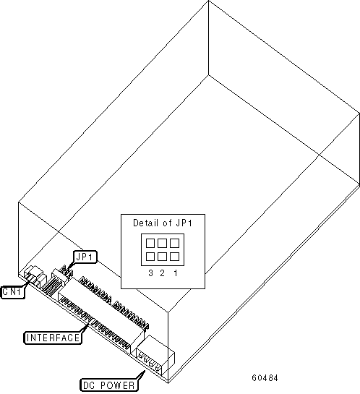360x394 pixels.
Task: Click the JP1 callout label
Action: (x=85, y=257)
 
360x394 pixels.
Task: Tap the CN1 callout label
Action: (x=13, y=292)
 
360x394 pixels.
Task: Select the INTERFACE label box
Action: (x=53, y=338)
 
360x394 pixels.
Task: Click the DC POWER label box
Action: (x=109, y=385)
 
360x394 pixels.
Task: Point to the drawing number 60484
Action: (x=265, y=377)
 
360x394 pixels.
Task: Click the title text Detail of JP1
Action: (x=163, y=223)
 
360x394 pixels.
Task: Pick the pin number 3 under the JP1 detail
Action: (x=150, y=273)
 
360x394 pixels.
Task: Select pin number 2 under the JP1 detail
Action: (x=162, y=273)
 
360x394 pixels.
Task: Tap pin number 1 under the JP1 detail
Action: (x=176, y=273)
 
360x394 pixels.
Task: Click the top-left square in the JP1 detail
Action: (x=150, y=243)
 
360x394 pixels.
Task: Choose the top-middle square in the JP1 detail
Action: (x=162, y=243)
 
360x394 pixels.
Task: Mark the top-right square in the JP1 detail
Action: (x=175, y=243)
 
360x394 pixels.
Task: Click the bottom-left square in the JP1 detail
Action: (x=150, y=257)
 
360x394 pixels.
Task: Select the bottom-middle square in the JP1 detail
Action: (x=162, y=257)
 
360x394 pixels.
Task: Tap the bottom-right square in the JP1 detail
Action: (x=175, y=257)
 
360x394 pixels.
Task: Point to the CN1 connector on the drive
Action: (x=35, y=275)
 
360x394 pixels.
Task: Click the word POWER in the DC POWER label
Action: (x=118, y=385)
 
